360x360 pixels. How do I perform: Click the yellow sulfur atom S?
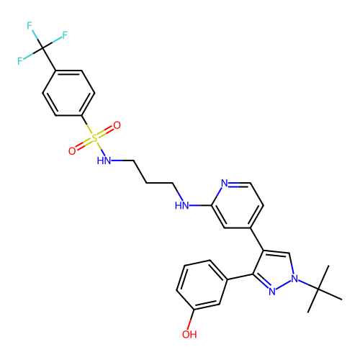click(x=94, y=138)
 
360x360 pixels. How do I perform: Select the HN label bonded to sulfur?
click(x=104, y=161)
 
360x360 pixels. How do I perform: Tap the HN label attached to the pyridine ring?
click(x=181, y=206)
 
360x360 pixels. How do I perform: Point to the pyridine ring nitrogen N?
click(x=225, y=183)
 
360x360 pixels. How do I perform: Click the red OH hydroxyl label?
click(x=189, y=334)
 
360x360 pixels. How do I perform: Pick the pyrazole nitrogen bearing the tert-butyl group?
click(x=294, y=279)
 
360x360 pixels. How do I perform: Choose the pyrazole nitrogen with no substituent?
click(x=272, y=292)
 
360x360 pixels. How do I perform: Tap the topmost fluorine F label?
click(x=30, y=26)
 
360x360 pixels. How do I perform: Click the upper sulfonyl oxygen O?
click(x=117, y=125)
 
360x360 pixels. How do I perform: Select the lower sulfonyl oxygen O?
click(x=72, y=151)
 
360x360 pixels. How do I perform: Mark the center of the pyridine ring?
click(x=238, y=205)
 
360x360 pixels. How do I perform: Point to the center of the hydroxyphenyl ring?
click(x=202, y=285)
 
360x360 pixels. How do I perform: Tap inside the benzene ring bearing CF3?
click(x=68, y=93)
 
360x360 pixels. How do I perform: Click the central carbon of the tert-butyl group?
click(x=318, y=289)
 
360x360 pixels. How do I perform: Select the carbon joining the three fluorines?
click(x=42, y=48)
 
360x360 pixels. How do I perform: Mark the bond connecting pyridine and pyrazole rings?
click(x=257, y=239)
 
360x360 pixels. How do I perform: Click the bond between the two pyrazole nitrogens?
click(x=283, y=285)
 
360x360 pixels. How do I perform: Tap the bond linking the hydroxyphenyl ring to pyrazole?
click(x=240, y=276)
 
